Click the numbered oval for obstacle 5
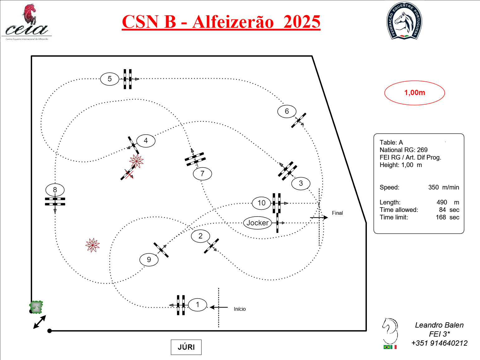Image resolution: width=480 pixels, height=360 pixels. [x=110, y=79]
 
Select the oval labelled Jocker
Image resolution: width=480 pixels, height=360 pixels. [x=257, y=223]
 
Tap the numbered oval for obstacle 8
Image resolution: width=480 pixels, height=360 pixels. [x=55, y=190]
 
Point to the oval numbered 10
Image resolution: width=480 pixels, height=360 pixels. [x=262, y=203]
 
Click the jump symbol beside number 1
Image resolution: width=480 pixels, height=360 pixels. [x=181, y=305]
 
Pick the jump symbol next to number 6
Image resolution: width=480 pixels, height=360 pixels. [x=299, y=120]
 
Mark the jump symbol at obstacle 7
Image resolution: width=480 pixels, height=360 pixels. [x=195, y=159]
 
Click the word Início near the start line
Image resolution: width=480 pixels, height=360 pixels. [x=240, y=309]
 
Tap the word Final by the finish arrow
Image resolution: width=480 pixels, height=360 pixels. [x=337, y=213]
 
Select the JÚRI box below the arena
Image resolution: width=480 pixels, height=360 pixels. [x=186, y=347]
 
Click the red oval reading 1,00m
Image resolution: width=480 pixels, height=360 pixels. [x=415, y=93]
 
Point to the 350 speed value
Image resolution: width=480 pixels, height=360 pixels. [x=433, y=187]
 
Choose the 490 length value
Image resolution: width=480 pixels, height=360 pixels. [x=442, y=202]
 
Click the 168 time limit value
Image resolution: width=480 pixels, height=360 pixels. [x=441, y=217]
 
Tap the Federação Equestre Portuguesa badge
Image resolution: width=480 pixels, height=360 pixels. [x=404, y=21]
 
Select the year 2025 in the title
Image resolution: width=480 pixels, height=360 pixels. [x=302, y=22]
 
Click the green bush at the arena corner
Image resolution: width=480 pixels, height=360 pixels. [x=36, y=307]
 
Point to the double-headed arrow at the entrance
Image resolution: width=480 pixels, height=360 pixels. [x=40, y=322]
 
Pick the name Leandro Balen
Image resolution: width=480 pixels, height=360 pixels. [x=439, y=325]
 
